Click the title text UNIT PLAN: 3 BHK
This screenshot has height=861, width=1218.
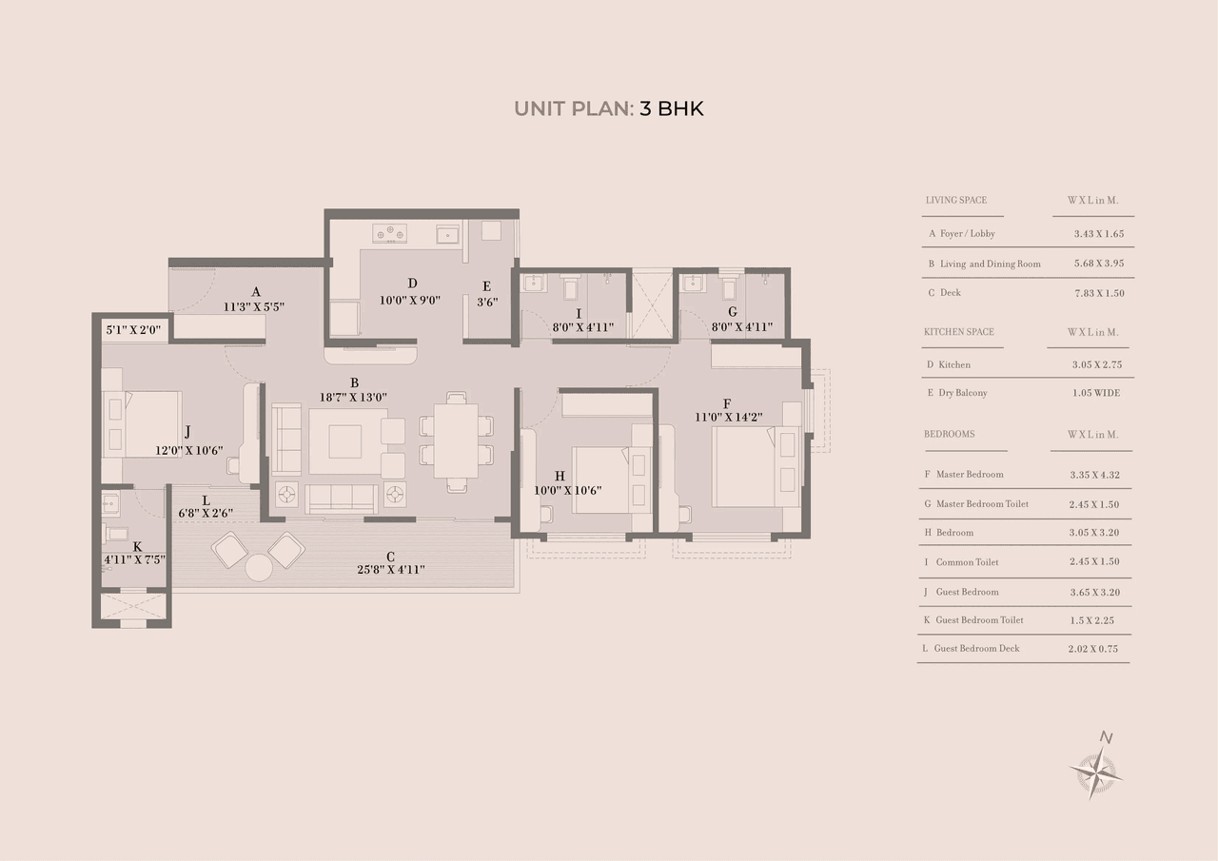pyautogui.click(x=609, y=108)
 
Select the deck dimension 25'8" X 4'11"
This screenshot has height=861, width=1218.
pyautogui.click(x=391, y=570)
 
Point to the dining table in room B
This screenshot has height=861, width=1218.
pyautogui.click(x=456, y=440)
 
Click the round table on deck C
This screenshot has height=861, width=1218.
pyautogui.click(x=259, y=568)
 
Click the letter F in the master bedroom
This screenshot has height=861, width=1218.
pyautogui.click(x=727, y=402)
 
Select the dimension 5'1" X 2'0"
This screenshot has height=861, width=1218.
pyautogui.click(x=134, y=330)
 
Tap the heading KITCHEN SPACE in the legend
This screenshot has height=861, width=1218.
pyautogui.click(x=959, y=332)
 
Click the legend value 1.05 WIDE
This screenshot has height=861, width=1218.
pyautogui.click(x=1095, y=393)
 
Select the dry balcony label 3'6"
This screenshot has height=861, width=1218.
pyautogui.click(x=486, y=303)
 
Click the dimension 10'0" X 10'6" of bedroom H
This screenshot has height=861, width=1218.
pyautogui.click(x=567, y=491)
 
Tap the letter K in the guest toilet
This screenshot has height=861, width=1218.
pyautogui.click(x=137, y=546)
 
